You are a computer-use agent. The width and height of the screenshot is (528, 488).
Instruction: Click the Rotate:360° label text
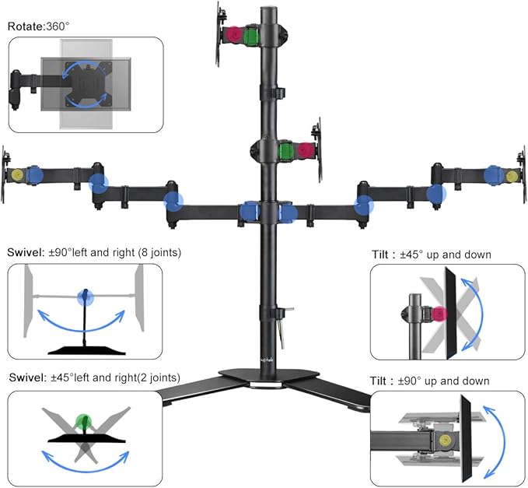click(x=39, y=26)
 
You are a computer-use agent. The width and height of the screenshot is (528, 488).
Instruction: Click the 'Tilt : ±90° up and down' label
click(x=430, y=381)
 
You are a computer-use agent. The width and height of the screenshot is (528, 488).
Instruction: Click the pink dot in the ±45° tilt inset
click(x=439, y=313)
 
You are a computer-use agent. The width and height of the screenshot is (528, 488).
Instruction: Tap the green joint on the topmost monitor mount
click(x=251, y=37)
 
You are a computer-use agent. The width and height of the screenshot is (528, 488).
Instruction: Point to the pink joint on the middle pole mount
click(x=304, y=150)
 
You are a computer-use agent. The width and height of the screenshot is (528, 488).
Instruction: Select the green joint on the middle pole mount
click(x=287, y=150)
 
